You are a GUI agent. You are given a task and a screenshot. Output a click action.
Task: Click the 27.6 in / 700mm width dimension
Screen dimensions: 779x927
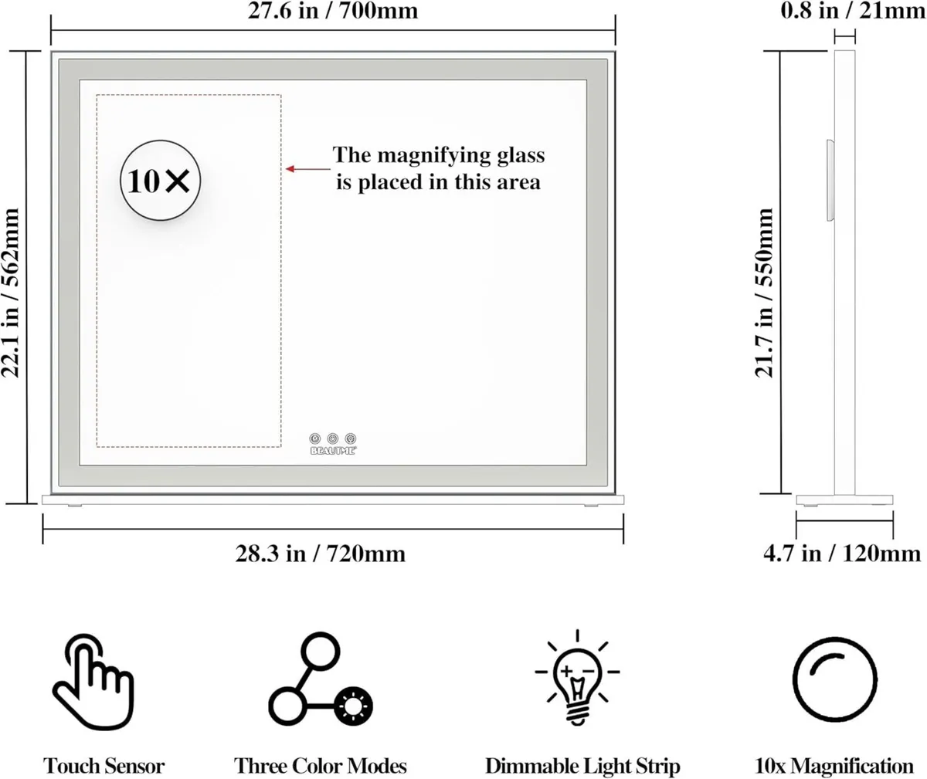[x=333, y=12]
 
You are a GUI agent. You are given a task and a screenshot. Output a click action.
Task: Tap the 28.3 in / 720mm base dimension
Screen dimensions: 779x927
[x=320, y=554]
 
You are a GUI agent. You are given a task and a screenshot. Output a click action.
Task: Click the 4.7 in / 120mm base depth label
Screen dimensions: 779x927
[x=842, y=554]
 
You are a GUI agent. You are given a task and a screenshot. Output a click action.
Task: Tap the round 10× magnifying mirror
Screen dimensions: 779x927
[x=160, y=181]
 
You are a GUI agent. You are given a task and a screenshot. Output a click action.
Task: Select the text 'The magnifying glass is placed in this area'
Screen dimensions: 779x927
[x=439, y=168]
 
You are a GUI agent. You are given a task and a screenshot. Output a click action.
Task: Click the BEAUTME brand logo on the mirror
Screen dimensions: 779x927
[x=333, y=451]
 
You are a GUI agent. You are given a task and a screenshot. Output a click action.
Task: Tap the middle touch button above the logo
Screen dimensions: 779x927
[x=333, y=439]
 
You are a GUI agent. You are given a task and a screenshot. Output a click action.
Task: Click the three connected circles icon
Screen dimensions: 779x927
[x=320, y=679]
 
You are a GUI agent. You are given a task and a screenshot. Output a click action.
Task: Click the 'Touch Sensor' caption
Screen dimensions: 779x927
[x=104, y=767]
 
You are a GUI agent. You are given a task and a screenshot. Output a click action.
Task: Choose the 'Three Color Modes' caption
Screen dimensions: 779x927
[x=320, y=767]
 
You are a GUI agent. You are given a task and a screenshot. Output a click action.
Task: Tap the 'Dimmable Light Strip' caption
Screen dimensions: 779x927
[x=582, y=767]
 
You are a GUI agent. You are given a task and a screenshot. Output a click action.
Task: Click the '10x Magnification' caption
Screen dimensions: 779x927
[x=834, y=767]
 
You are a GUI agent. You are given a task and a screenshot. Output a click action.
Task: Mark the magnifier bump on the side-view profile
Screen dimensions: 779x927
[x=830, y=180]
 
